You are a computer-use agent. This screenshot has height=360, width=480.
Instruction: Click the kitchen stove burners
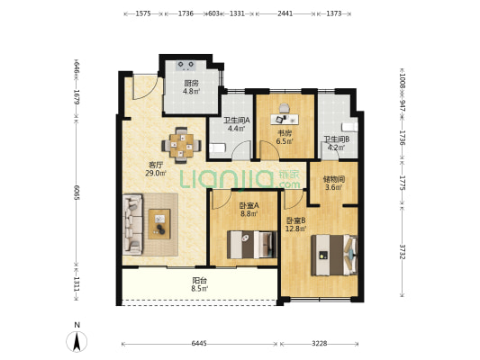pyautogui.click(x=186, y=66)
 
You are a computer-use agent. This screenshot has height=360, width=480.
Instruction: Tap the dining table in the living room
pyautogui.click(x=182, y=145)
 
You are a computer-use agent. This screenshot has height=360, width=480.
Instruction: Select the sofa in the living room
pyautogui.click(x=132, y=224)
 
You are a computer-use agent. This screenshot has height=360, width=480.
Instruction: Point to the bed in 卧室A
pyautogui.click(x=251, y=245)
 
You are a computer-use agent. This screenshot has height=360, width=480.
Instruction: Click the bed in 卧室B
pyautogui.click(x=334, y=255)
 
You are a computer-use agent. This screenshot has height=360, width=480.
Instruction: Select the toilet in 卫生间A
pyautogui.click(x=217, y=148)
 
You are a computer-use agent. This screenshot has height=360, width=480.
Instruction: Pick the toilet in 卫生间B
pyautogui.click(x=349, y=127)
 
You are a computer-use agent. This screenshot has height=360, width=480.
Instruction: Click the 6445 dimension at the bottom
pyautogui.click(x=199, y=344)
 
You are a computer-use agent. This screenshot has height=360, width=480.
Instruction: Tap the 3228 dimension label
pyautogui.click(x=320, y=344)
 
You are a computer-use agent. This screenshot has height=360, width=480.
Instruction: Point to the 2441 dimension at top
pyautogui.click(x=285, y=13)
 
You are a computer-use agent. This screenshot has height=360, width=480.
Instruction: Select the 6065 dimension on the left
pyautogui.click(x=77, y=193)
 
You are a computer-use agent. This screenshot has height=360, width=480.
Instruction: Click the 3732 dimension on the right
pyautogui.click(x=403, y=252)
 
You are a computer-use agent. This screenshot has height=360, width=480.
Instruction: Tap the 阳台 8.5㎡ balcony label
pyautogui.click(x=200, y=284)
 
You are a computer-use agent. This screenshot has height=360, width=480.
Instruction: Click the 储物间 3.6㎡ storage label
pyautogui.click(x=334, y=183)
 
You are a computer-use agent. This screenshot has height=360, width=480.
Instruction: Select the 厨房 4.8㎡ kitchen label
pyautogui.click(x=191, y=87)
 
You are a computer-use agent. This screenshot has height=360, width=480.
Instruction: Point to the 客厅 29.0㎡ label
pyautogui.click(x=156, y=169)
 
